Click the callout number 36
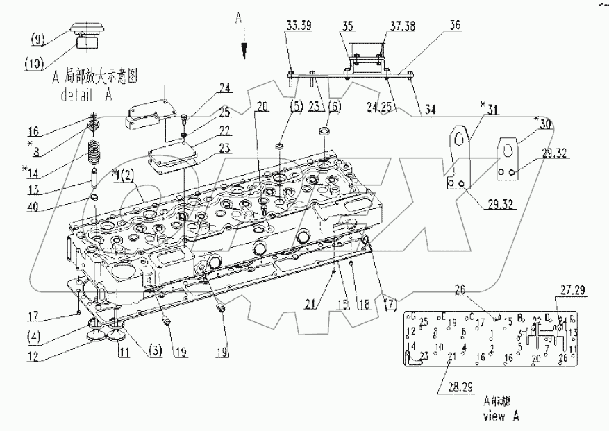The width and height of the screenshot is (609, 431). click(x=456, y=26)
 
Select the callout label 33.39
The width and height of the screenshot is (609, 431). click(x=299, y=26)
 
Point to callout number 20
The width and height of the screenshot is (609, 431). click(x=260, y=106)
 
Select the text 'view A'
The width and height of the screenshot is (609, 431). click(x=501, y=416)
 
